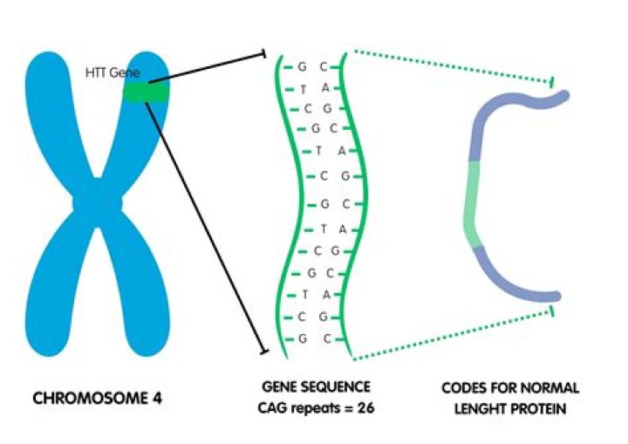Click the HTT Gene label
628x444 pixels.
[113, 74]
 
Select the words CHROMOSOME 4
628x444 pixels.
[98, 399]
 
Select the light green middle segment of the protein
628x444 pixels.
[472, 204]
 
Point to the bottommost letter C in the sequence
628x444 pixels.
[323, 338]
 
